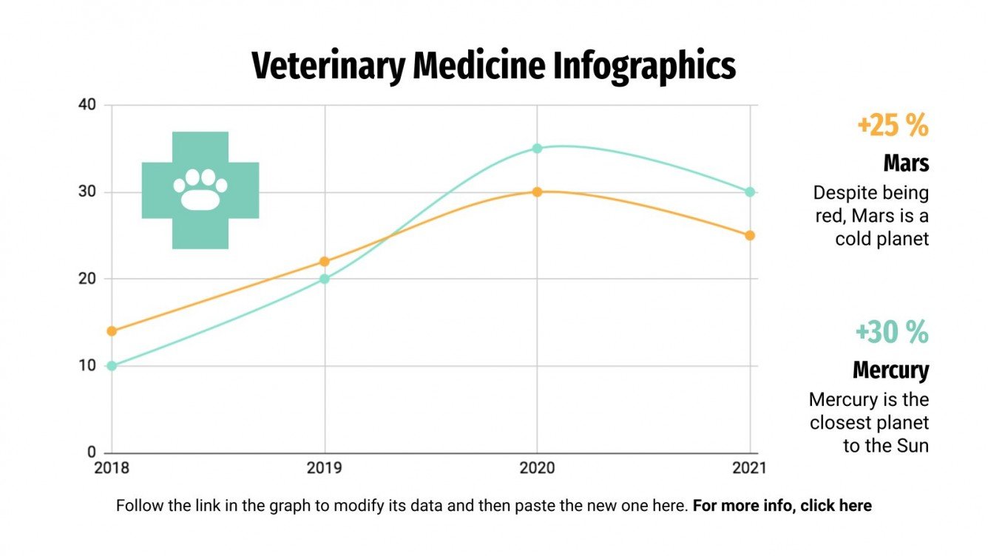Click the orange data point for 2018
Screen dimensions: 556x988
tap(112, 331)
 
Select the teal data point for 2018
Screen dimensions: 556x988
tap(112, 366)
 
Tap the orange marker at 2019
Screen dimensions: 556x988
tap(324, 261)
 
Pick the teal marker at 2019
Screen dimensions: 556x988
tap(324, 279)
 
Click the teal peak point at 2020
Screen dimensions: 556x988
tap(537, 149)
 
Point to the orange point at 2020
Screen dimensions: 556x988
tap(537, 191)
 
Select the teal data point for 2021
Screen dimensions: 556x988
tap(750, 191)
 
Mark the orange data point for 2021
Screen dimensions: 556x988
tap(750, 235)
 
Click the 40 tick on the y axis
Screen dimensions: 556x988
tap(87, 105)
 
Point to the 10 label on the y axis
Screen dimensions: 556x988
tap(87, 366)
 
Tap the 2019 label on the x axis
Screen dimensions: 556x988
tap(324, 468)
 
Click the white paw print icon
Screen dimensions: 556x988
tap(200, 190)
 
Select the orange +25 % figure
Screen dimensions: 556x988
tap(893, 126)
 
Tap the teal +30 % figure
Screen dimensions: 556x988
tap(891, 333)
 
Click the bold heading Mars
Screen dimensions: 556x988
tap(906, 163)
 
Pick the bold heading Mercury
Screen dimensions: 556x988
tap(890, 370)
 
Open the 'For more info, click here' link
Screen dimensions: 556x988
tap(782, 506)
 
